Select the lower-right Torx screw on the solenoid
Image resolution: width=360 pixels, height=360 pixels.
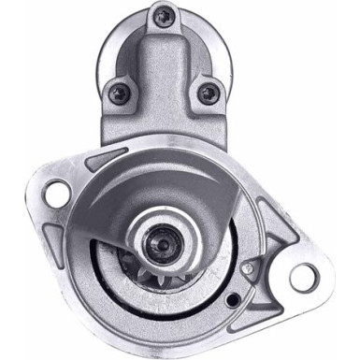click(207, 93)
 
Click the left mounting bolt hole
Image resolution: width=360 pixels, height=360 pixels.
click(57, 195)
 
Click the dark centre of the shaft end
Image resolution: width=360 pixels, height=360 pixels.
click(162, 245)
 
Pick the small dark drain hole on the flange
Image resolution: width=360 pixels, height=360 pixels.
click(231, 300)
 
